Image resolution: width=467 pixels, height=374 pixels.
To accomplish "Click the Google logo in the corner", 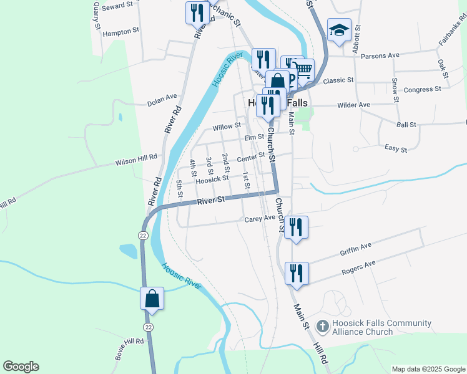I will [x=21, y=367].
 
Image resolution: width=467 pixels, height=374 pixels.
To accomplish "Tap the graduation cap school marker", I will [x=339, y=31].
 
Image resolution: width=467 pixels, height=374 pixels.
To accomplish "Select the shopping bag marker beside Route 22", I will [x=152, y=299].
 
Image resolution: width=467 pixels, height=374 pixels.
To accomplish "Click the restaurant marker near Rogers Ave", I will [x=296, y=273].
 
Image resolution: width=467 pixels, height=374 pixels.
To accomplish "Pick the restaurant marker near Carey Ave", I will [x=296, y=228].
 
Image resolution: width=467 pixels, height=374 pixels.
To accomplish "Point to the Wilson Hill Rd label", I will [x=135, y=160].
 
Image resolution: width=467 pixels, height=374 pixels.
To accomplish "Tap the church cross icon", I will [x=322, y=325].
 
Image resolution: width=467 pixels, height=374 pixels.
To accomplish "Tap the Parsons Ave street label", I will [x=384, y=55].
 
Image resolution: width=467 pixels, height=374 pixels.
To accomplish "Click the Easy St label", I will [x=396, y=149].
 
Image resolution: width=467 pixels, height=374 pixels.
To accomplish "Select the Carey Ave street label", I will [x=260, y=219].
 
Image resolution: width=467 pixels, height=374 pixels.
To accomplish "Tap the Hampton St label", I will [x=121, y=32].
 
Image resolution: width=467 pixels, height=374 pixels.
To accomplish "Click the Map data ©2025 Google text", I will [x=428, y=369].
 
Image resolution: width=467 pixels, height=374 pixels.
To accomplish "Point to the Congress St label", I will [x=422, y=90].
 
